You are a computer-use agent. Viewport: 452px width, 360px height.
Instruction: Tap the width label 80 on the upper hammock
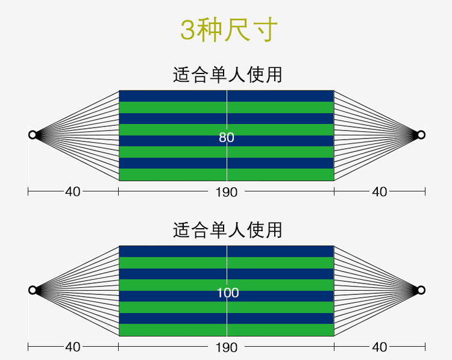[x=227, y=138]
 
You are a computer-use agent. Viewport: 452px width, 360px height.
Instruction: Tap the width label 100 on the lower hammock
[x=228, y=293]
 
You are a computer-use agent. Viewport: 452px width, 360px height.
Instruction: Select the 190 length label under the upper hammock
[x=227, y=192]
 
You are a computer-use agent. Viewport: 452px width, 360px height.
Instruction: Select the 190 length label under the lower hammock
[x=227, y=347]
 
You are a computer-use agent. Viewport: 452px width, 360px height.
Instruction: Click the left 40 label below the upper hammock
[x=72, y=192]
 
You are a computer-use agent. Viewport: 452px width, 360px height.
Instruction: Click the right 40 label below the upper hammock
[x=380, y=192]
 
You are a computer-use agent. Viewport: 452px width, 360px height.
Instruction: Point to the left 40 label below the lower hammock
[x=72, y=347]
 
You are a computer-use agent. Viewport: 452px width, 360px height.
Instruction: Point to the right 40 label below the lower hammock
[x=380, y=347]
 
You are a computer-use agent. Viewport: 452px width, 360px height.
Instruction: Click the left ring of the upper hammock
[x=33, y=135]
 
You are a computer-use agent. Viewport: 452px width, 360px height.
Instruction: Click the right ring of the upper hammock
[x=421, y=135]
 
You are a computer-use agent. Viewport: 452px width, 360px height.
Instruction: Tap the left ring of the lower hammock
[x=33, y=290]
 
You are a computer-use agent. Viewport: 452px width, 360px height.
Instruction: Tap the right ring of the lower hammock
[x=421, y=290]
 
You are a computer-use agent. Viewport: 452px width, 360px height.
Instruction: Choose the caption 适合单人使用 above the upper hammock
[x=227, y=75]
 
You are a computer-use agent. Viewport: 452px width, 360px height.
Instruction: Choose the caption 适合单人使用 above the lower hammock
[x=227, y=230]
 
